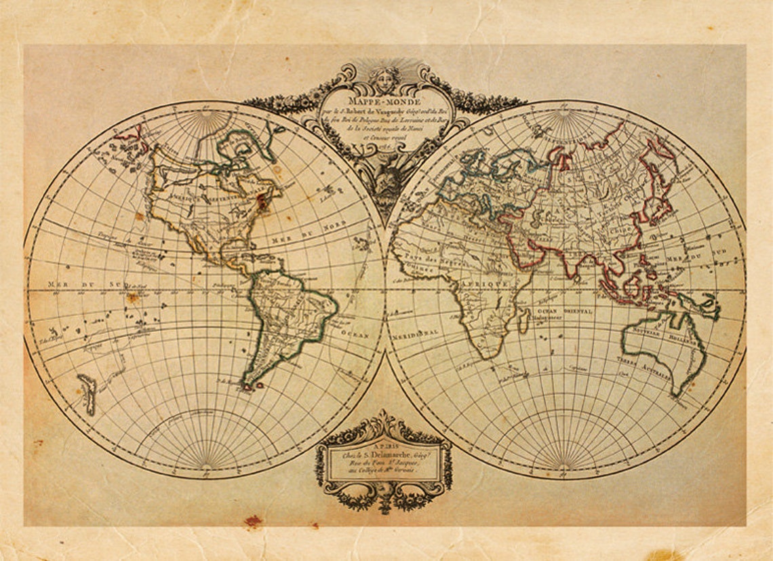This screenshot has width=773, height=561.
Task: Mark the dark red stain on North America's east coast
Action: (262, 201)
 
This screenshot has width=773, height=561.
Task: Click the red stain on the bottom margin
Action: (253, 521)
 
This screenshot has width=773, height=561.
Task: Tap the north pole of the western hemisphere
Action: (204, 111)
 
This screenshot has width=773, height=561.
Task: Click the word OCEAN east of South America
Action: (354, 334)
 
